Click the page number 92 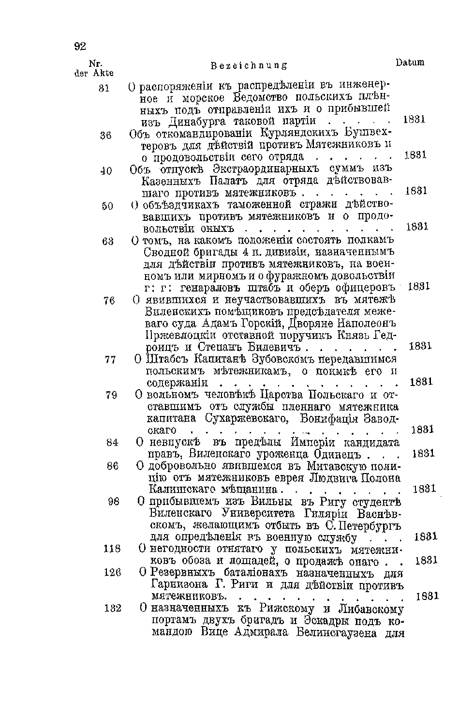[80, 46]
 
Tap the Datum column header [410, 62]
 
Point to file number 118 [112, 549]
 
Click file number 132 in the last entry [112, 609]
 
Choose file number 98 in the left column [114, 502]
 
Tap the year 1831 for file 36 [415, 155]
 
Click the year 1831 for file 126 [427, 596]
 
